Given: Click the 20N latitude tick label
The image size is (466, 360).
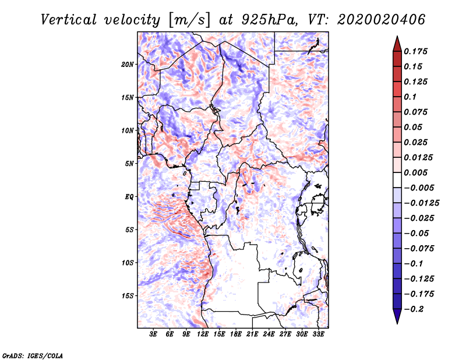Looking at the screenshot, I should click(128, 64).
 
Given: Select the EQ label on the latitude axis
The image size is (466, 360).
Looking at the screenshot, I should click(129, 196).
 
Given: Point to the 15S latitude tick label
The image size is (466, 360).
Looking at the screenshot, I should click(128, 295).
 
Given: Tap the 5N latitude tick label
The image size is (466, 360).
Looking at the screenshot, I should click(129, 163).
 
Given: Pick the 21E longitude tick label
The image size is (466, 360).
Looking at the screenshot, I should click(252, 335).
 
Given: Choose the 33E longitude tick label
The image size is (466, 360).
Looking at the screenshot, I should click(318, 335).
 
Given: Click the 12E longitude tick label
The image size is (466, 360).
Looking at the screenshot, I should click(203, 335).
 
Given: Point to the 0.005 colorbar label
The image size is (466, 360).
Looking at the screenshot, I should click(417, 173).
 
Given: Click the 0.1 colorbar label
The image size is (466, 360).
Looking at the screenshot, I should click(410, 97).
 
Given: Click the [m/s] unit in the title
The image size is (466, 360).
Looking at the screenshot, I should click(186, 20).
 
